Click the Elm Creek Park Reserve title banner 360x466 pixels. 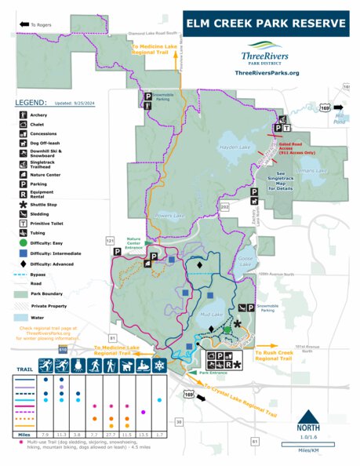(264, 24)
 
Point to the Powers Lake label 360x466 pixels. (169, 215)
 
